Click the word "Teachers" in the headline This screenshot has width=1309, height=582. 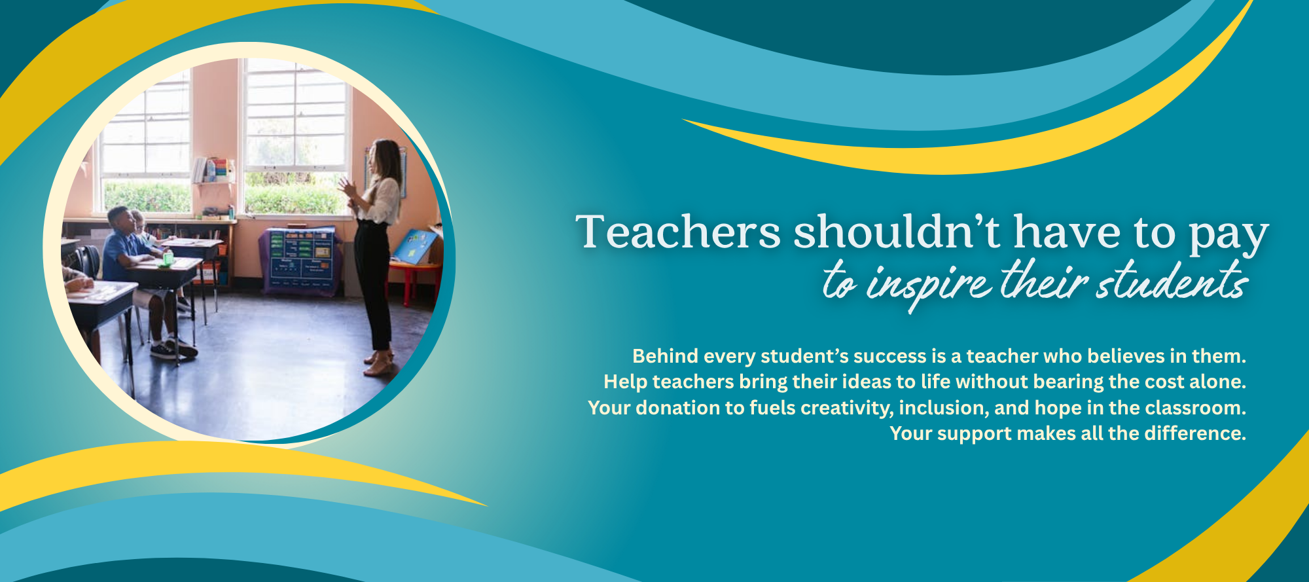(x=679, y=232)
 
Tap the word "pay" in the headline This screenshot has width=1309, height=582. (x=1229, y=237)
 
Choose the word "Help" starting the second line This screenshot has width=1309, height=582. (x=625, y=382)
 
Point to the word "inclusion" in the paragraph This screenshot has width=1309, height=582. (x=942, y=409)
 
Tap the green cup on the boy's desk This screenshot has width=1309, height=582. (x=168, y=258)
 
